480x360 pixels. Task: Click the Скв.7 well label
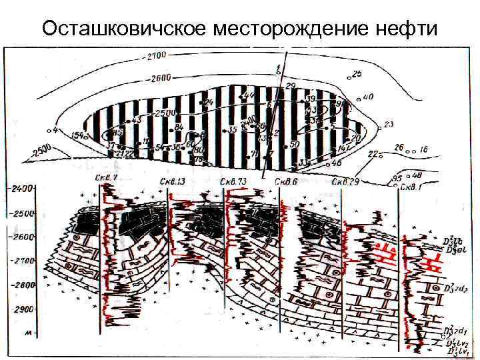[x=106, y=178]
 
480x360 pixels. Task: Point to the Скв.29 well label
[x=345, y=181]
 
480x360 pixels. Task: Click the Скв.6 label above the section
[x=286, y=181]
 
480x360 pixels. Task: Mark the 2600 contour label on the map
[x=161, y=78]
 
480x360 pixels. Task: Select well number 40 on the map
[x=368, y=97]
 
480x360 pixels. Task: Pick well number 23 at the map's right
[x=389, y=124]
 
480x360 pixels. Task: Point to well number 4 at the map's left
[x=55, y=129]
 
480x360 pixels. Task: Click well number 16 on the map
[x=423, y=149]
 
